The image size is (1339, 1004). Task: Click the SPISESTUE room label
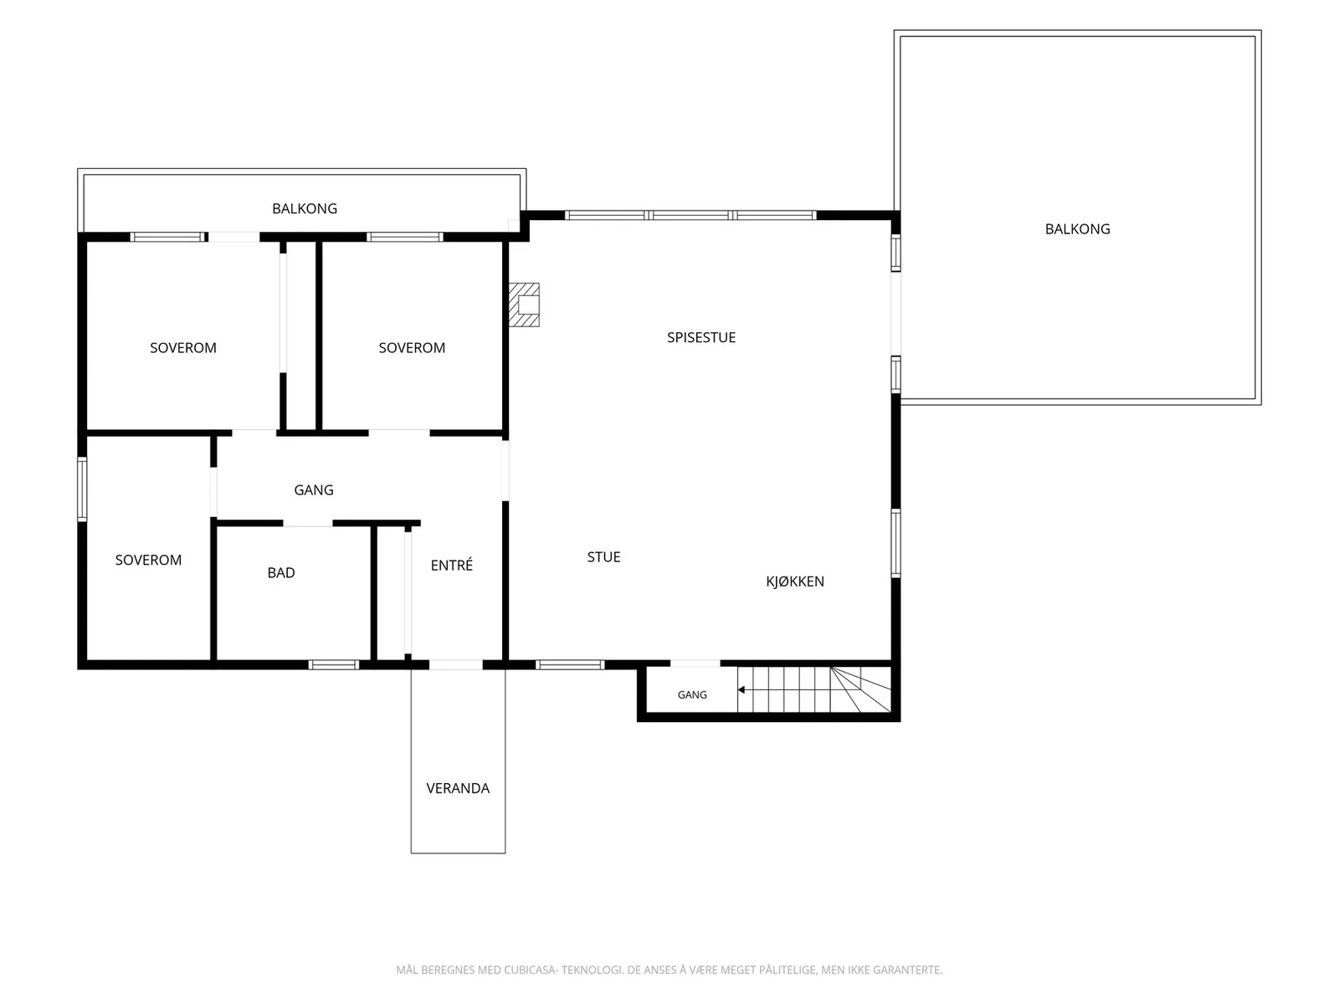(701, 337)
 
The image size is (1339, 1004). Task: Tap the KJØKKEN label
(794, 581)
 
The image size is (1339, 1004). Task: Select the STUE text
(603, 556)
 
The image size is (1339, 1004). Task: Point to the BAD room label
(280, 572)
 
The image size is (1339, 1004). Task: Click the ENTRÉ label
(451, 565)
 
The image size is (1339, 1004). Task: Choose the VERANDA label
(458, 788)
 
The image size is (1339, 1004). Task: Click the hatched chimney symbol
(524, 305)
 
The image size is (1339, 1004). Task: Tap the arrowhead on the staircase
(741, 690)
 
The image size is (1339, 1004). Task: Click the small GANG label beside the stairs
(692, 695)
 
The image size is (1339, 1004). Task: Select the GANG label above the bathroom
(314, 489)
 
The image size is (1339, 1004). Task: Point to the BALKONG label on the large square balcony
(1077, 228)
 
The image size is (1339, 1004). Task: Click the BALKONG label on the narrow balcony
(305, 208)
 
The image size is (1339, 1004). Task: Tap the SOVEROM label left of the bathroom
(148, 560)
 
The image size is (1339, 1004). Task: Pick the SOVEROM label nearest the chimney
(412, 347)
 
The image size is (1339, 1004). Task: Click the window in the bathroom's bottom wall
(333, 664)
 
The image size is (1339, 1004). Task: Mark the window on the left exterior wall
(82, 489)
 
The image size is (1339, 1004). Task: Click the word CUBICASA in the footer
(530, 970)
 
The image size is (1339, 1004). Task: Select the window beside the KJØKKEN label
(895, 542)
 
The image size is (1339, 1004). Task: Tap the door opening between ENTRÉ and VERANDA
(456, 664)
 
